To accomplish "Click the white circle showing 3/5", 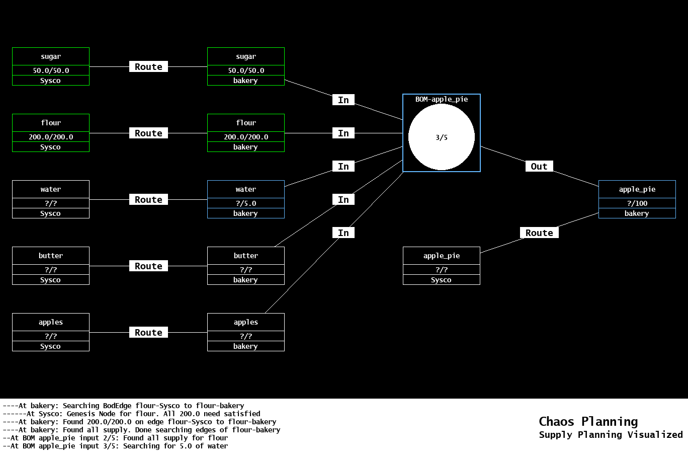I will [x=441, y=137].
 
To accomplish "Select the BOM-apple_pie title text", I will [x=441, y=99].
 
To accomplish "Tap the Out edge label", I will [x=539, y=167].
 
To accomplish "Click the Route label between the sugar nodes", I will [x=148, y=67].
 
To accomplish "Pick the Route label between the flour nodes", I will [x=148, y=133].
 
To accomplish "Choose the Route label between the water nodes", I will [x=148, y=200].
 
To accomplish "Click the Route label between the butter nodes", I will [x=148, y=266].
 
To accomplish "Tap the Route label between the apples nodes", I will [x=148, y=333].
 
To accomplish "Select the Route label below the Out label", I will [x=539, y=233].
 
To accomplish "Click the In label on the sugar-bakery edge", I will [x=343, y=100].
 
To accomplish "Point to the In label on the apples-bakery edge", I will [x=343, y=233].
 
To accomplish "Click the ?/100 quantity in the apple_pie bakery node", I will [x=637, y=203].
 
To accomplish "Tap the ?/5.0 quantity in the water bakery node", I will [x=245, y=203].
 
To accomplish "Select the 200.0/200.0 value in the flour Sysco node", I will [x=51, y=137].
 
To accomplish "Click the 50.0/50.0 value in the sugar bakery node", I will [x=245, y=70].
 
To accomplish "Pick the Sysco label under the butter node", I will [x=51, y=280].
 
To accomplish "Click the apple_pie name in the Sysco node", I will [x=441, y=256].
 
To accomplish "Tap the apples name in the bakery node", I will [x=245, y=322].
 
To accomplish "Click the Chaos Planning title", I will [x=588, y=422].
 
